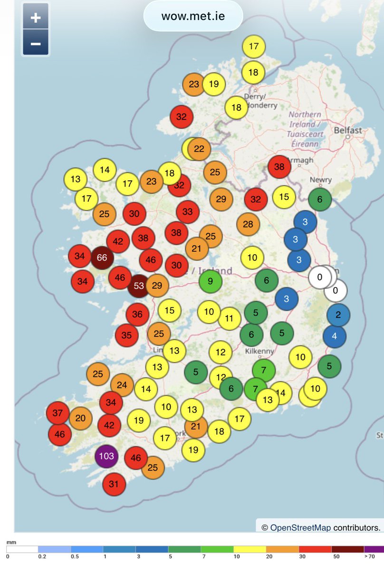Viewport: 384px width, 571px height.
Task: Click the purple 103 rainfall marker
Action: (106, 456)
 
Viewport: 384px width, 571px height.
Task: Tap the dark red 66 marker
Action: (102, 257)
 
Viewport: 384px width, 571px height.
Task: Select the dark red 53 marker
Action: (139, 286)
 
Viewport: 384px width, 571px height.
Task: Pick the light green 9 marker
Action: (210, 281)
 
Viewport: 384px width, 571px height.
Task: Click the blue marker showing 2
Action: (338, 315)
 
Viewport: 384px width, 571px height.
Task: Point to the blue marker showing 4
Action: (335, 336)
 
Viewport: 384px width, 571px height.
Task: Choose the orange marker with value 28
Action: (248, 224)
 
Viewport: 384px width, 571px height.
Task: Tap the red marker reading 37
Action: (58, 413)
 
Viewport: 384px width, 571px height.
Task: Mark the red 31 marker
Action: (114, 484)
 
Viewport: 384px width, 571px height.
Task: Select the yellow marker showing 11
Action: (230, 318)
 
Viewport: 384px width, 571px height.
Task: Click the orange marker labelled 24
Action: (122, 385)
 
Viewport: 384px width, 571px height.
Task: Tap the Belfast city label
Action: (347, 130)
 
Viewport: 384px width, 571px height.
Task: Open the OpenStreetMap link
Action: (300, 527)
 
